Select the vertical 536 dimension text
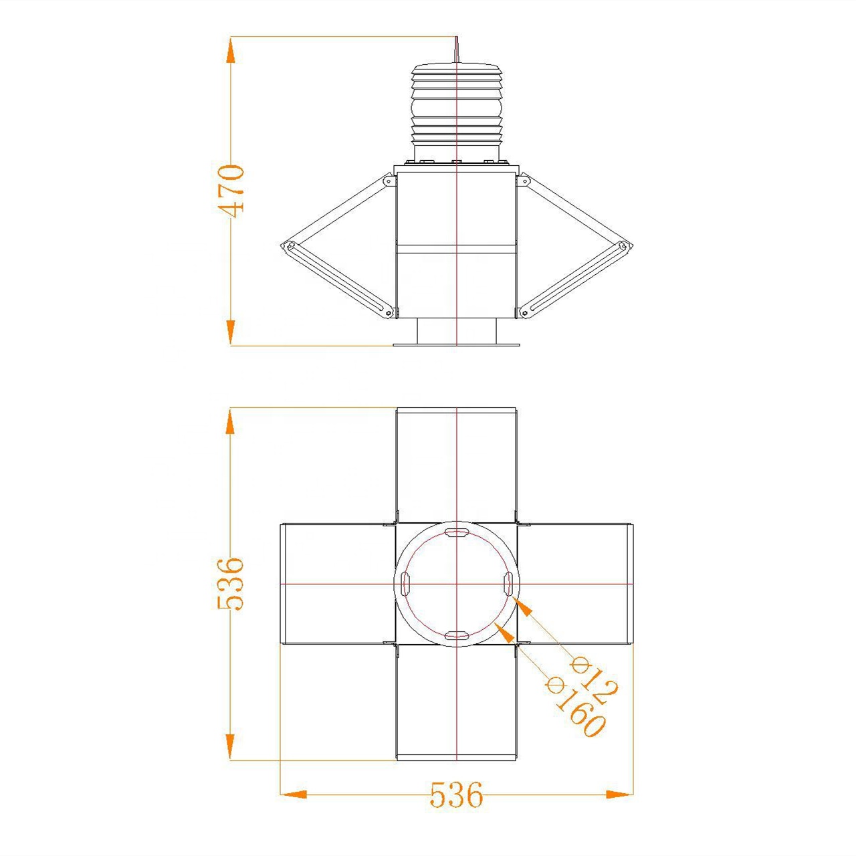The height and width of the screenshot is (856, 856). pyautogui.click(x=231, y=583)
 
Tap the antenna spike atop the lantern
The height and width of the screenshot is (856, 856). pyautogui.click(x=457, y=50)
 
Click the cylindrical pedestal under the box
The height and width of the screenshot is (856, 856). pyautogui.click(x=456, y=331)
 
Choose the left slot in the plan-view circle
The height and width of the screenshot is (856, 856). pyautogui.click(x=405, y=583)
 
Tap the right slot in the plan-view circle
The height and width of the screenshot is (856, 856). pyautogui.click(x=508, y=583)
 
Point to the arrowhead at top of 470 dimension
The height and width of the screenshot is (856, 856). pyautogui.click(x=231, y=49)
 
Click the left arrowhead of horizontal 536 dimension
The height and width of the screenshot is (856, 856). pyautogui.click(x=293, y=794)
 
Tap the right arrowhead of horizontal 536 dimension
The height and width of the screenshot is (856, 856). pyautogui.click(x=619, y=794)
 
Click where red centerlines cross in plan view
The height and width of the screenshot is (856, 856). pyautogui.click(x=456, y=584)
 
